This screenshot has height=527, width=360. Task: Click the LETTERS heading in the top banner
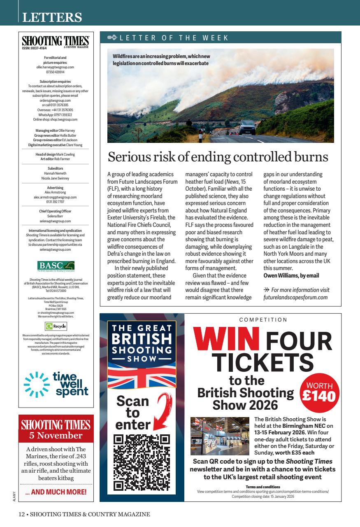pos(52,18)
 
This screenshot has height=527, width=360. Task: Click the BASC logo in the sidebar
pos(56,265)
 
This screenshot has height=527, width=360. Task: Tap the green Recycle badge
pos(56,326)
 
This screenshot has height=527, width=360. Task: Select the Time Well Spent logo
pos(56,384)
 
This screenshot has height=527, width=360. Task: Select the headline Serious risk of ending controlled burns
pos(218,157)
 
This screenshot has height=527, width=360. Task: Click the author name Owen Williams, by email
pos(291,275)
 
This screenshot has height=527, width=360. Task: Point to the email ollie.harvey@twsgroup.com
pos(56,67)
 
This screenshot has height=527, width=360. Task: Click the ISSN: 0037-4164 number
pos(35,48)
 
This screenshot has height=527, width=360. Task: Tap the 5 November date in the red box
pos(56,436)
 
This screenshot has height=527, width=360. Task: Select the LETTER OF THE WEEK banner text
pos(174,38)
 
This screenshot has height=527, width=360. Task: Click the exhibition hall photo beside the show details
pos(220,436)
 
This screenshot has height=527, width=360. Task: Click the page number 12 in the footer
pos(21,514)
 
